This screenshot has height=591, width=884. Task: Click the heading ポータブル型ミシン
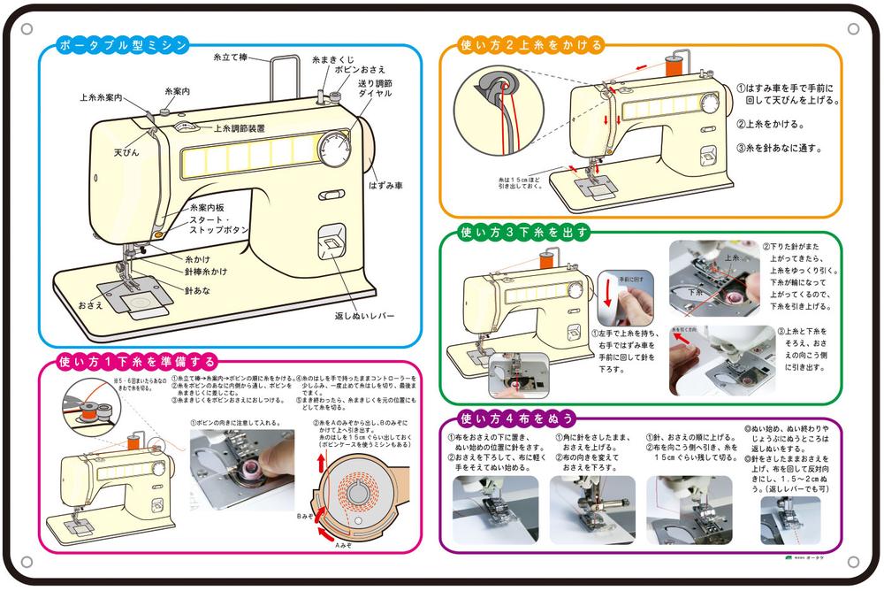pos(121,45)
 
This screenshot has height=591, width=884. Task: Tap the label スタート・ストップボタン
pos(219,223)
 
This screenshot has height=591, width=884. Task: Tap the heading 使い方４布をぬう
pos(517,418)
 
